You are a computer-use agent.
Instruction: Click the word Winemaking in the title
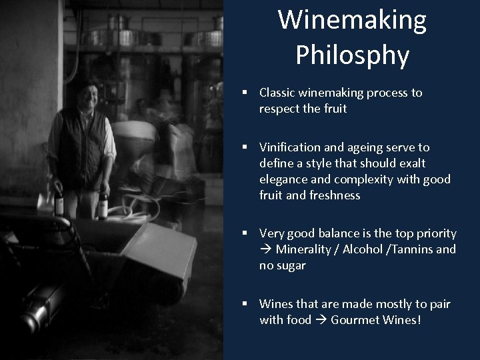pyautogui.click(x=353, y=21)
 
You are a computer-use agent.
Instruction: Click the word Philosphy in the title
pyautogui.click(x=353, y=56)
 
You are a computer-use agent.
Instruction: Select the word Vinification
pyautogui.click(x=291, y=147)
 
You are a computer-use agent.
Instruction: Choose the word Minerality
pyautogui.click(x=303, y=250)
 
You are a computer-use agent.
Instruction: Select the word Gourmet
pyautogui.click(x=350, y=321)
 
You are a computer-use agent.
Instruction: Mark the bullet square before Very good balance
pyautogui.click(x=246, y=234)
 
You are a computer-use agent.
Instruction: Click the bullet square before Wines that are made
pyautogui.click(x=246, y=305)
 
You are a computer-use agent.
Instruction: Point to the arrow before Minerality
pyautogui.click(x=266, y=250)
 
